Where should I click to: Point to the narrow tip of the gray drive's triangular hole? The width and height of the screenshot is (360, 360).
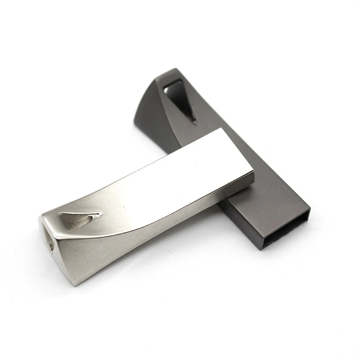[x=194, y=121]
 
